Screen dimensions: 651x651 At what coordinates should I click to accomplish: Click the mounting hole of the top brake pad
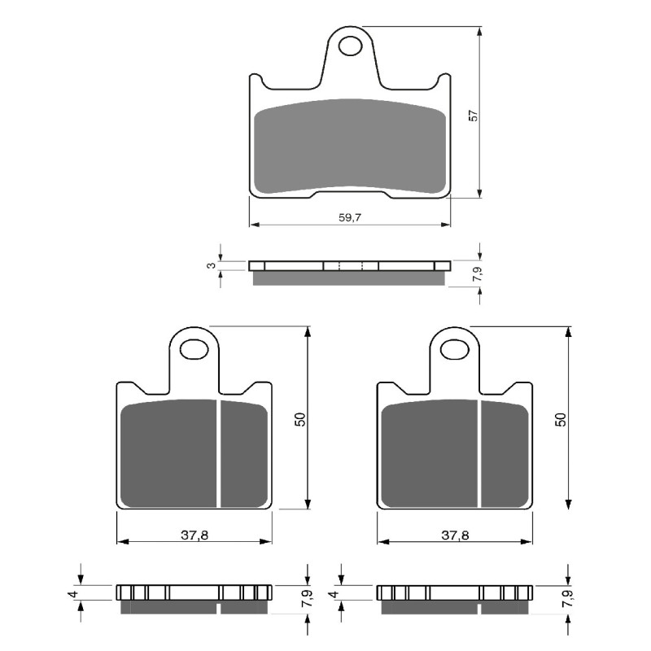click(x=351, y=45)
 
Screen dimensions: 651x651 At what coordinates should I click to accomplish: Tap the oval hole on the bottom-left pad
click(x=194, y=350)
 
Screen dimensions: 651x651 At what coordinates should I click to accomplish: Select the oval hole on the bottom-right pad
click(x=454, y=350)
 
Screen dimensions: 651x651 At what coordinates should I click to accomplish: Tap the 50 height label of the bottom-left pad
click(x=300, y=420)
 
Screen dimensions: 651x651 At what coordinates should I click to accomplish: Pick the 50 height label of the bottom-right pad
click(x=561, y=420)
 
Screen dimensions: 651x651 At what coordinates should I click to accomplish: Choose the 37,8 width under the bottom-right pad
click(x=453, y=535)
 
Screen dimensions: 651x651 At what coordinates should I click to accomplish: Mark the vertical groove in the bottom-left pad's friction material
click(x=220, y=452)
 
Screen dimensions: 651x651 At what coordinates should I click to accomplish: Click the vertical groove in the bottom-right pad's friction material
click(x=480, y=452)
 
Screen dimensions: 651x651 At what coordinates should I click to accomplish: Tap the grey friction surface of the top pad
click(x=350, y=146)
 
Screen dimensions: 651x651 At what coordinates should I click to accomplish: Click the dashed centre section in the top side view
click(x=351, y=265)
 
